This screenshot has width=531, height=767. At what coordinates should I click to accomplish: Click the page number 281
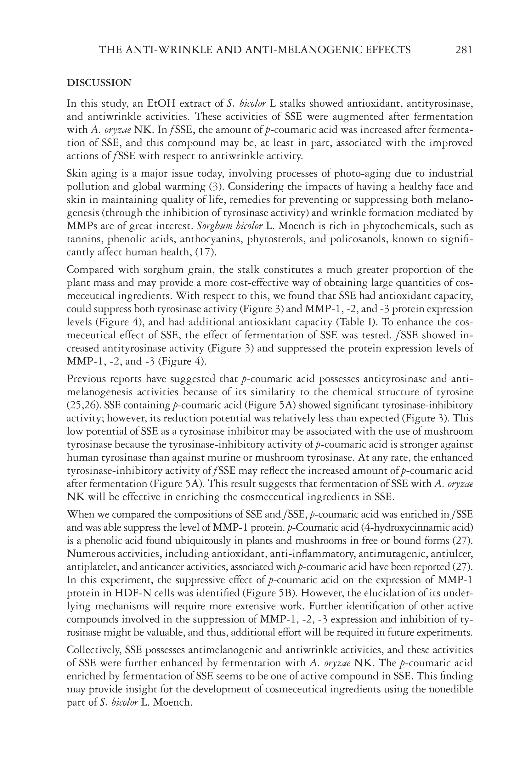[463, 50]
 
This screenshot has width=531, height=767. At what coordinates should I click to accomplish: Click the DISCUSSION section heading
[99, 83]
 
